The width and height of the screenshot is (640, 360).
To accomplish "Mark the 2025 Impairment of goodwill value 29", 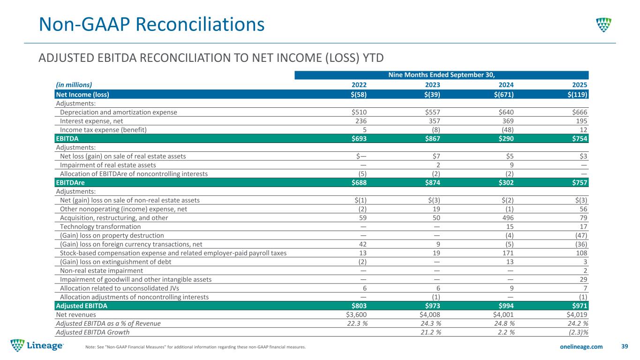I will tap(583, 279).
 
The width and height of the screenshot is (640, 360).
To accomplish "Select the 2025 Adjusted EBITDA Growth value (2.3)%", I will tap(577, 332).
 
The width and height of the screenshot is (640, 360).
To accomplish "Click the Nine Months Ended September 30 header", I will tap(441, 75).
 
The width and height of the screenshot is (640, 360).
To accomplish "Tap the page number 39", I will tap(624, 346).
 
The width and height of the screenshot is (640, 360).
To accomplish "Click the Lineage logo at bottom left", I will tap(38, 346).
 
